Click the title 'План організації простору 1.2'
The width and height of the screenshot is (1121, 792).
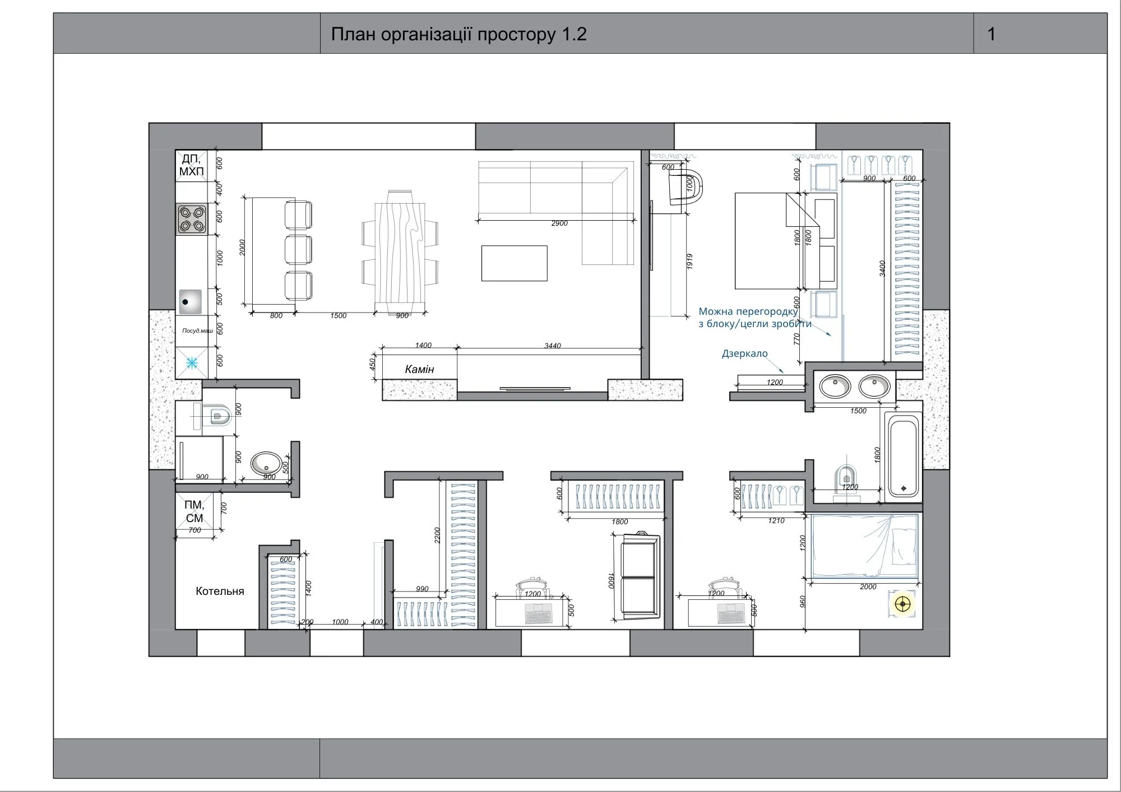[x=458, y=34]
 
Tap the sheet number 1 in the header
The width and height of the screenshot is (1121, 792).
[x=992, y=34]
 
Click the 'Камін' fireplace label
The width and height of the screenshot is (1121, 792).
[x=419, y=369]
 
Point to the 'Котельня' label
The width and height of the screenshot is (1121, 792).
[x=220, y=591]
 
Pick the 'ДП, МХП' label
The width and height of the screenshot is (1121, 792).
[x=192, y=165]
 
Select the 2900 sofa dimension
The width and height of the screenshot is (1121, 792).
[x=559, y=223]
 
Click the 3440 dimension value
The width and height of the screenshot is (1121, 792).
[x=553, y=346]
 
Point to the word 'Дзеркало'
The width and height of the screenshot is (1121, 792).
[x=744, y=354]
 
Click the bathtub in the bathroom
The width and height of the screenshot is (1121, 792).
[x=902, y=455]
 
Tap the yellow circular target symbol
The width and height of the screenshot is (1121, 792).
[x=902, y=604]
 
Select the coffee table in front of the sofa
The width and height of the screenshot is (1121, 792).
[x=514, y=263]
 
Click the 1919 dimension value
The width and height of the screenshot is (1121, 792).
[x=690, y=262]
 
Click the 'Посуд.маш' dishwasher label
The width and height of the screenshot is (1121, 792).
[x=197, y=330]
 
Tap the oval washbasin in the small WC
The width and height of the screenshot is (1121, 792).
[x=266, y=463]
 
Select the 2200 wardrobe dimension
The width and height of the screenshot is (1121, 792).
[x=438, y=535]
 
